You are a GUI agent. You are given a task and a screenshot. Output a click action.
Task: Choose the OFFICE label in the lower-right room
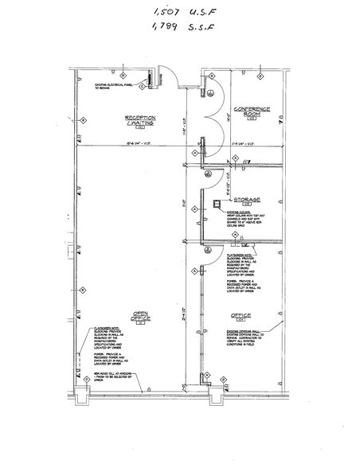(x=241, y=315)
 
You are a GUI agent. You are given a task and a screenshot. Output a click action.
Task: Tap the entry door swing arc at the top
(x=166, y=78)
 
